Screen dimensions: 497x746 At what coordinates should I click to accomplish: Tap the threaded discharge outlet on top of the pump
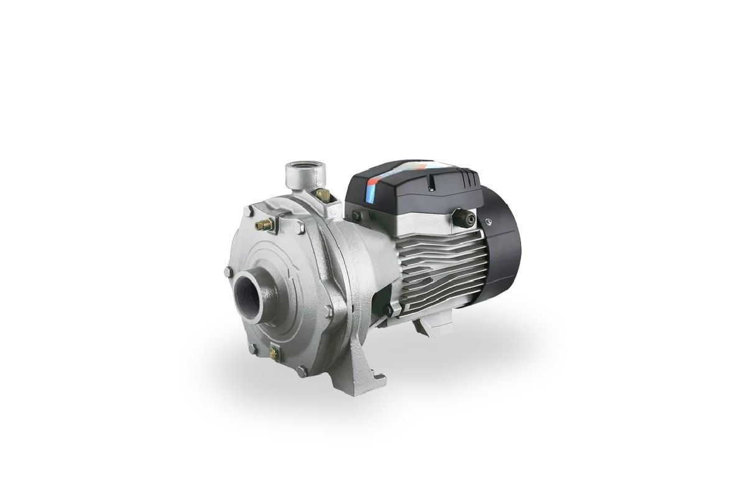[296, 170]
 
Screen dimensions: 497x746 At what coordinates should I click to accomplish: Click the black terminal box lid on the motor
[410, 186]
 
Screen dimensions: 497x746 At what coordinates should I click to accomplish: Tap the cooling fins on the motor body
[435, 267]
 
